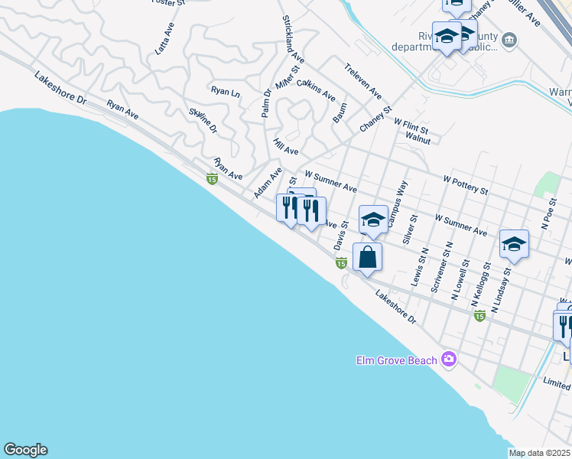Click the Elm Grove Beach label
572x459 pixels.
(397, 360)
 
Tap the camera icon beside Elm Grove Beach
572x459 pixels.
(448, 359)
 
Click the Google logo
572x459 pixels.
(25, 449)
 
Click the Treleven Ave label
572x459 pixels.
(363, 80)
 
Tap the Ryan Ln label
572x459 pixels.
(226, 91)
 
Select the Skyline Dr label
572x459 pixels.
(203, 119)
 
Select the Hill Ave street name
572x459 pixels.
(286, 146)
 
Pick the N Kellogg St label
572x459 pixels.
(483, 280)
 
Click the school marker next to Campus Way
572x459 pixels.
(372, 220)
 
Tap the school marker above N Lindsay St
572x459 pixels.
(514, 244)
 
